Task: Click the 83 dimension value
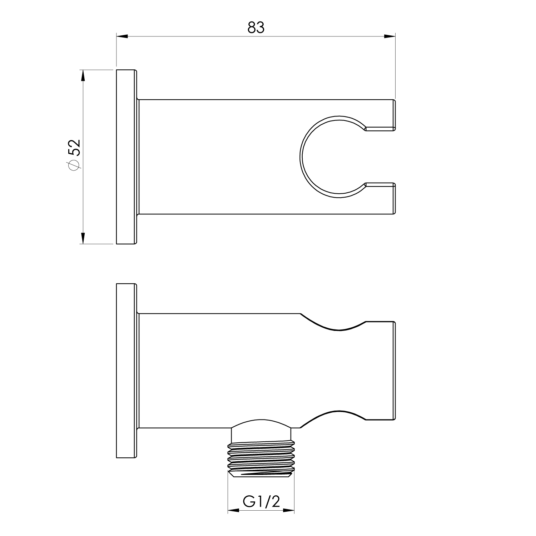[256, 28]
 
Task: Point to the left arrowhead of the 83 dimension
[122, 36]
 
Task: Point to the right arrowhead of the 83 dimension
[389, 36]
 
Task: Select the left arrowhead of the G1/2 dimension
[234, 510]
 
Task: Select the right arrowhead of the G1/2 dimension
[288, 510]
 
